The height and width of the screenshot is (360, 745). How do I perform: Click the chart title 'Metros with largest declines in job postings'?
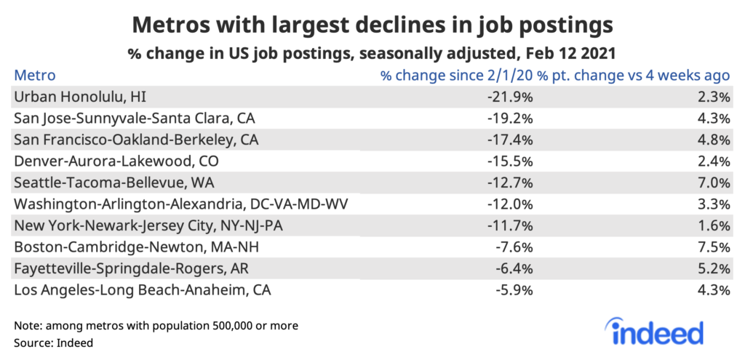[372, 25]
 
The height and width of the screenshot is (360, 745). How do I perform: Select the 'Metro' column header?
[35, 76]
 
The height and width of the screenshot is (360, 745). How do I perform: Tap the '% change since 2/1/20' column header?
[456, 76]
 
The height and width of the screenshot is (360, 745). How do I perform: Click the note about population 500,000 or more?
[156, 324]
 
